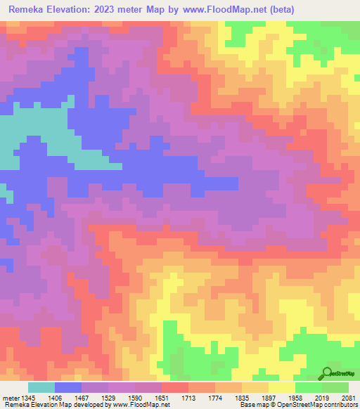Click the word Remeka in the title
30,10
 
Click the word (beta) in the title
280,10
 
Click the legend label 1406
67,397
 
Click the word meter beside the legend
11,397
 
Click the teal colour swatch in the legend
41,387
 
